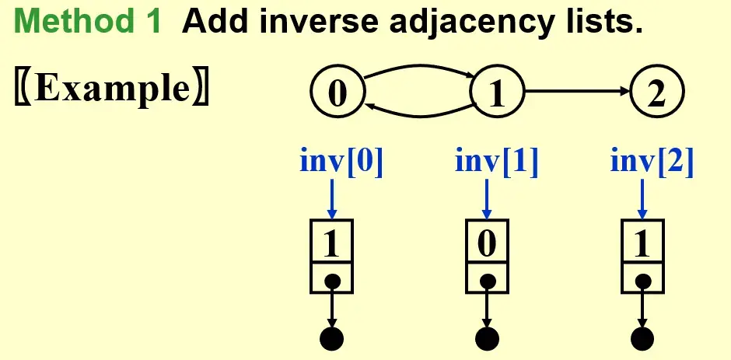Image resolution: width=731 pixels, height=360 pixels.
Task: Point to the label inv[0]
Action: point(341,162)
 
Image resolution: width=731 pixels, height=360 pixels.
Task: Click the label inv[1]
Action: point(496,162)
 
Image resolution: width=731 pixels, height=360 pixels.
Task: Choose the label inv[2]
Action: point(652,162)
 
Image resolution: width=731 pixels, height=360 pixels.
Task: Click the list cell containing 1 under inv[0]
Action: point(332,244)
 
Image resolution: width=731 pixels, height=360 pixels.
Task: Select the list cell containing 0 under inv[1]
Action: point(487,244)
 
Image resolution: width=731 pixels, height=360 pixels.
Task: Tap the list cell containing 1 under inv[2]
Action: point(642,244)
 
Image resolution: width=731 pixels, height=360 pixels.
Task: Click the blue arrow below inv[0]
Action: point(332,198)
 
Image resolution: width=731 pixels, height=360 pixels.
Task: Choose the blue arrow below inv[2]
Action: point(642,198)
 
